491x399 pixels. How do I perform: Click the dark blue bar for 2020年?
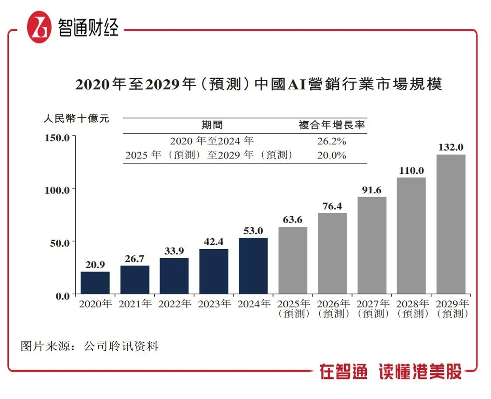95,283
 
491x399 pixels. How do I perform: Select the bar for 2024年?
253,266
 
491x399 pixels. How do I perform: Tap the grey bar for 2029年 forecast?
451,224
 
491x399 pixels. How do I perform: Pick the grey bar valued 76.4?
332,253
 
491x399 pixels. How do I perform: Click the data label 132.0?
451,147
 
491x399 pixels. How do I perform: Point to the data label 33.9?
174,251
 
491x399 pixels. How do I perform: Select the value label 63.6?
293,220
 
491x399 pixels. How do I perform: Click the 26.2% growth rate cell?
331,141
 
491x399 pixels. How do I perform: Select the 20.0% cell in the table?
331,155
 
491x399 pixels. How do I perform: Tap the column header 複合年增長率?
332,125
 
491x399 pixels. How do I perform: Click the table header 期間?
212,125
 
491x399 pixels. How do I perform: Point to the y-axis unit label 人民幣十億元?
76,119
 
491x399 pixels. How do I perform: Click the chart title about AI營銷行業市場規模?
258,84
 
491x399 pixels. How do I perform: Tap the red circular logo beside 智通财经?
40,27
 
